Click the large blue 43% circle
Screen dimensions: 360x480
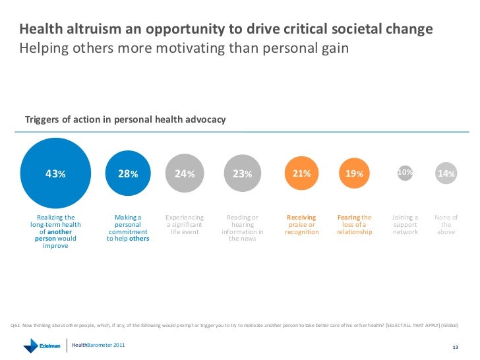tap(55, 173)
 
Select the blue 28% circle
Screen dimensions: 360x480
tap(128, 173)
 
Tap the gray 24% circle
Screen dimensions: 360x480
tap(185, 173)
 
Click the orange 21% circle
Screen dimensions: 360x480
tap(301, 173)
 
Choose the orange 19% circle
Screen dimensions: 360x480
tap(354, 173)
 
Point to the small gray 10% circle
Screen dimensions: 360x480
tap(405, 172)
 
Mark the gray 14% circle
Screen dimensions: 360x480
tap(446, 173)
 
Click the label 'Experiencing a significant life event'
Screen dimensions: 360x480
tap(185, 224)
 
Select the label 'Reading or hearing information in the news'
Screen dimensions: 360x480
tap(243, 228)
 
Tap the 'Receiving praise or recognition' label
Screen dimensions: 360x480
tap(301, 224)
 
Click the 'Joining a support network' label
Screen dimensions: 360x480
tap(405, 224)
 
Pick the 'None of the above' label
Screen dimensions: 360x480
tap(446, 224)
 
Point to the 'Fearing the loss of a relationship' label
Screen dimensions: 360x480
tap(354, 224)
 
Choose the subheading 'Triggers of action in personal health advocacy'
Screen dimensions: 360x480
tap(125, 119)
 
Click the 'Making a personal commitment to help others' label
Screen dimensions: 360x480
tap(128, 228)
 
